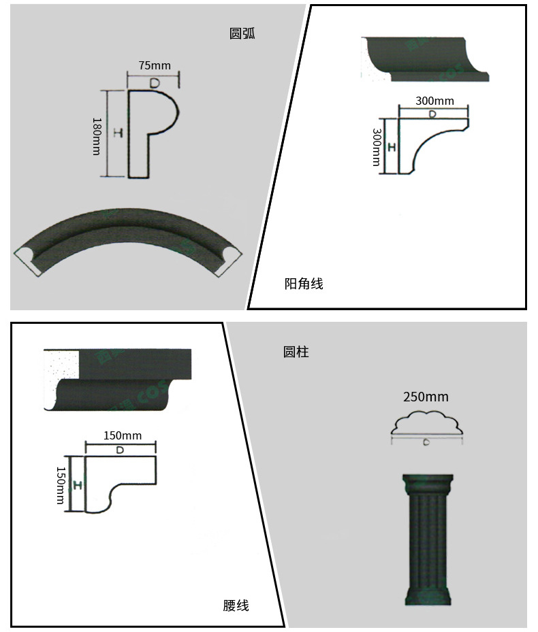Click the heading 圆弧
coord(242,34)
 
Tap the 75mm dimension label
coord(155,65)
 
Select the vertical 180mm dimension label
coord(97,136)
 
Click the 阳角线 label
coord(304,284)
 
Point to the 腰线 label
coord(236,605)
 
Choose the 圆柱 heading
coord(296,352)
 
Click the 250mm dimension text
coord(426,397)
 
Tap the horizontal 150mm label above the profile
coord(123,435)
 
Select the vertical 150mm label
coord(61,485)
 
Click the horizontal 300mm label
coord(434,101)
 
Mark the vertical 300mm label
coord(375,146)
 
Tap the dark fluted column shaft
coord(427,537)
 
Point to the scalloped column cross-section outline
coord(426,422)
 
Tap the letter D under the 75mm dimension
coord(155,82)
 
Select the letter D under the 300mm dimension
coord(433,114)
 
